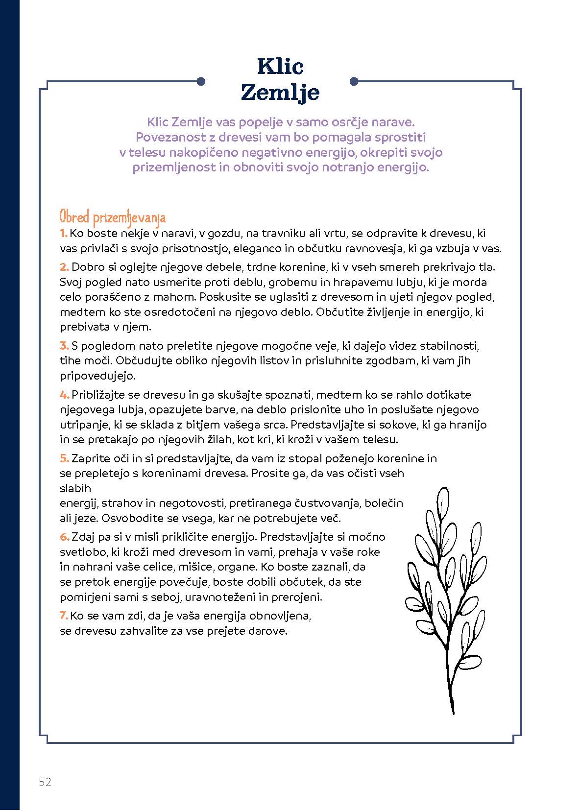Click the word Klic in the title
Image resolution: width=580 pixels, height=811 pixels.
(280, 67)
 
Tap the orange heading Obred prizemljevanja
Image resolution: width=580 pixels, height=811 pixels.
(113, 217)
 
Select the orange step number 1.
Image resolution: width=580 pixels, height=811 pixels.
(63, 234)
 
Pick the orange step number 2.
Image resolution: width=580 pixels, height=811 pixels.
(64, 267)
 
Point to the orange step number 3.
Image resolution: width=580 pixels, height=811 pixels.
(64, 346)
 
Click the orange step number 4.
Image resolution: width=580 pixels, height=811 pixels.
(65, 395)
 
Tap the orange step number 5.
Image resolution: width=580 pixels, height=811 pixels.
(64, 459)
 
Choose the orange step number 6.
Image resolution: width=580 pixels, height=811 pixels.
(65, 537)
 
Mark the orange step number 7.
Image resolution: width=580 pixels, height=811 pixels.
(64, 616)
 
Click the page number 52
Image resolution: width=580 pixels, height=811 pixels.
(45, 782)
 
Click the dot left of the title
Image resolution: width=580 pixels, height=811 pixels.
(200, 81)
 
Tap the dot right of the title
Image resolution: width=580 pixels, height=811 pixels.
(355, 81)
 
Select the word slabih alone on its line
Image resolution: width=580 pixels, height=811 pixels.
(75, 488)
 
